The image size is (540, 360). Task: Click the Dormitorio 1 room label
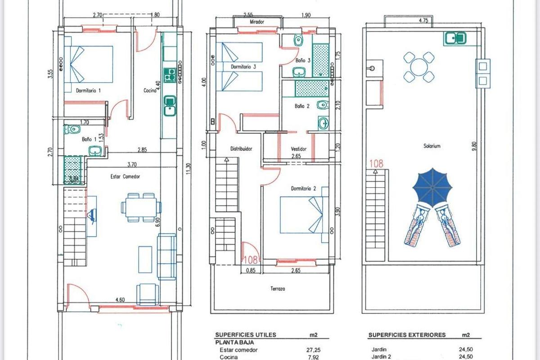coord(88,90)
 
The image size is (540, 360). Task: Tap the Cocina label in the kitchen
coord(150,90)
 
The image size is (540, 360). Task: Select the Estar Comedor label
coord(125,177)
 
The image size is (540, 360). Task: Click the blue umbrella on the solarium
coord(432,186)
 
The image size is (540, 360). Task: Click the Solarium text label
coord(432,146)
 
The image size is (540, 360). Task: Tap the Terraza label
coord(278,289)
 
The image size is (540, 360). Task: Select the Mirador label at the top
coord(256,22)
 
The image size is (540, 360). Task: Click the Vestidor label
coord(299,149)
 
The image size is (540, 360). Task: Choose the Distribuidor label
coord(241,148)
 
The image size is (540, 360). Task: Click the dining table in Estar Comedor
coord(141,207)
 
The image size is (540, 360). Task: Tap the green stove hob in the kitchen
coord(170,75)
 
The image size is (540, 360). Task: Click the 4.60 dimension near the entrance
coord(120,299)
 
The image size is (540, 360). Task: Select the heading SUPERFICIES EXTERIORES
coord(407,335)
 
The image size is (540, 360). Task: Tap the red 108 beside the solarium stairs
coord(376,164)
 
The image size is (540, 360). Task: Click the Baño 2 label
coord(302,107)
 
